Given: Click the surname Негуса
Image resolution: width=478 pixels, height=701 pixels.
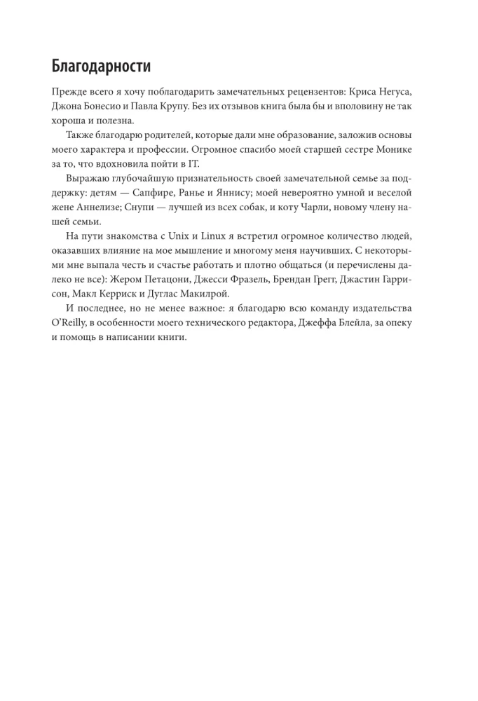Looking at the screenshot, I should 403,93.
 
